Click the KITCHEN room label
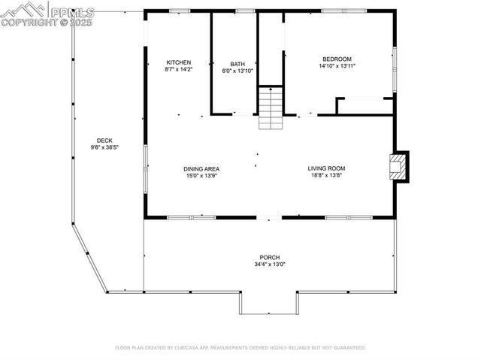179,62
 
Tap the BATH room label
237,64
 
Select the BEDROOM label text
337,59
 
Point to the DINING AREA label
201,168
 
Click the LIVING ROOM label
325,168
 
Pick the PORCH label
269,257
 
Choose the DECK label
104,141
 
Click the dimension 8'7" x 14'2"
179,69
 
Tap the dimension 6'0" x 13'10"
237,71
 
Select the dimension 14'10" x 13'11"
337,65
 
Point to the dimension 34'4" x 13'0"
269,264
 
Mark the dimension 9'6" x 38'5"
104,147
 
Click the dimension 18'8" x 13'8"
325,175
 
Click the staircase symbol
271,108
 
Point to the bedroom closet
365,106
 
